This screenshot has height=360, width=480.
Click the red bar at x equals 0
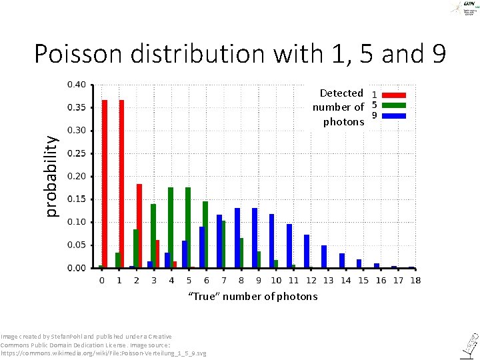click(105, 184)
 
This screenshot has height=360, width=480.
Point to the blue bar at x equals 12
click(307, 251)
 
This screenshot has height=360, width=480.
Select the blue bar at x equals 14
click(342, 260)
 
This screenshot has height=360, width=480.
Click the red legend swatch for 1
click(394, 95)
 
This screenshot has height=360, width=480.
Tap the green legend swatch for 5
click(394, 105)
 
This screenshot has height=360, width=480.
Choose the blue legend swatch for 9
click(394, 115)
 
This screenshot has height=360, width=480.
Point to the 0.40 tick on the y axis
click(76, 85)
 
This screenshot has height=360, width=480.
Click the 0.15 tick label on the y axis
click(76, 199)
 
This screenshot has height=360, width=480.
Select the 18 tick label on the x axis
click(415, 281)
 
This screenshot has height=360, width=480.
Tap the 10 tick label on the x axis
click(276, 281)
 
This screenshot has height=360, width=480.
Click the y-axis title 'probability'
click(51, 175)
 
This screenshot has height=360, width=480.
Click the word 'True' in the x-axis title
click(203, 296)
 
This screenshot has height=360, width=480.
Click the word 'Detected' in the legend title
click(341, 93)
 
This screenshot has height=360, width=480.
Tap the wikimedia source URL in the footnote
click(103, 353)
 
